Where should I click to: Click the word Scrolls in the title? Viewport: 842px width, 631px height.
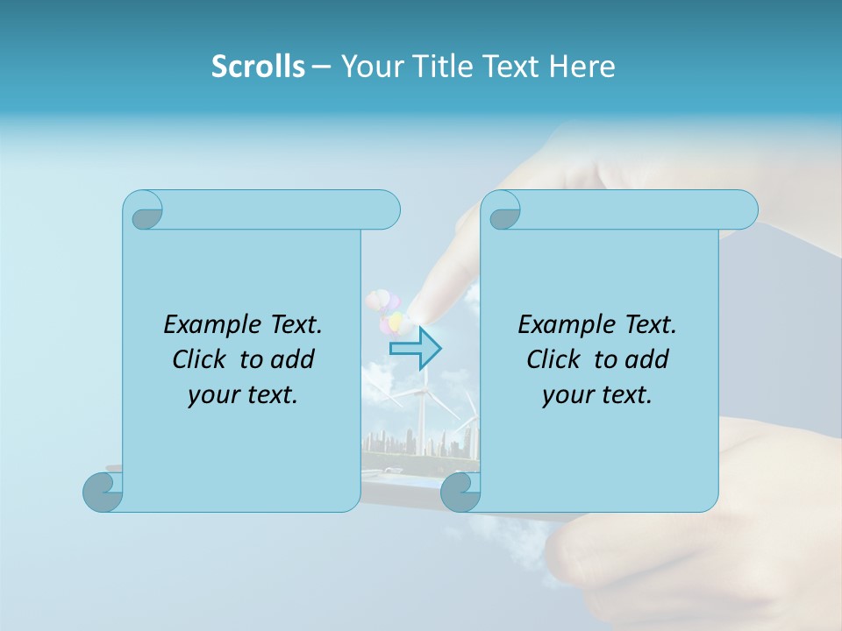[x=258, y=67]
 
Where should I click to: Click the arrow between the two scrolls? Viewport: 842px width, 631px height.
[x=416, y=348]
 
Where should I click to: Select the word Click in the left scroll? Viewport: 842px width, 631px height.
[x=201, y=359]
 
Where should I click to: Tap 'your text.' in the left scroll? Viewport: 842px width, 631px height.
[x=243, y=394]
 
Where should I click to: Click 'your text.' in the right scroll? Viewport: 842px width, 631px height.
[x=597, y=394]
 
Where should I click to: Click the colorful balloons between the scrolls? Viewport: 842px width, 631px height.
[x=386, y=311]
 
